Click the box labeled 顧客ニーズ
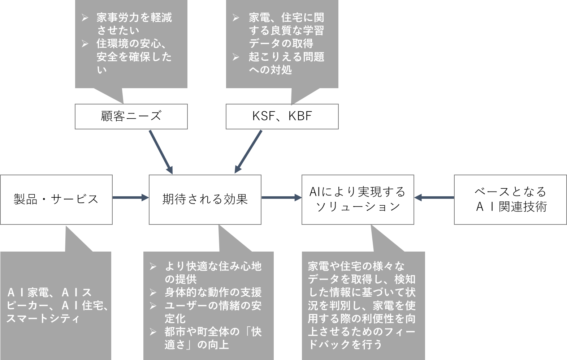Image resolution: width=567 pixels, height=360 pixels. (131, 116)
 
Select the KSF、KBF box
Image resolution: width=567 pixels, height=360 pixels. (282, 116)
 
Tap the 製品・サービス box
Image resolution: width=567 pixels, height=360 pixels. (56, 200)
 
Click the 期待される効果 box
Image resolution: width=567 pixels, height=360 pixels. (205, 200)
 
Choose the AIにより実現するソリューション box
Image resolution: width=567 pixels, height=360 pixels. (358, 200)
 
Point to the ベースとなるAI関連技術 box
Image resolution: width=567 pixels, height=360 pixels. (510, 200)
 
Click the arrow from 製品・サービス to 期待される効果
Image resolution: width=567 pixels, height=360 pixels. (131, 197)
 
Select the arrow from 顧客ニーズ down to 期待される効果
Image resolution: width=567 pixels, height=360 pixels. (161, 152)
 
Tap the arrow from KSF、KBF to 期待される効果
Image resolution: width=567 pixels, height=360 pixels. (248, 152)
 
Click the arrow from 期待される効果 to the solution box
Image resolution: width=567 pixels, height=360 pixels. (281, 197)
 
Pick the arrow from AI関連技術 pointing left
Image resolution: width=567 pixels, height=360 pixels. (434, 197)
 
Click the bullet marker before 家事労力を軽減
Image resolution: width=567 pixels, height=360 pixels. (85, 18)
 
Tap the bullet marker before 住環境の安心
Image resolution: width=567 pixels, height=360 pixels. (85, 44)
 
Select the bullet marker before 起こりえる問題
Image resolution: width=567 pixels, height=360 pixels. (236, 57)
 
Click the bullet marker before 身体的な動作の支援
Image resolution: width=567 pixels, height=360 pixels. (153, 293)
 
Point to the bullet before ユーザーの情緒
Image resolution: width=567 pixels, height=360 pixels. (153, 306)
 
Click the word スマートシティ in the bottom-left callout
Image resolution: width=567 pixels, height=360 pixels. (43, 319)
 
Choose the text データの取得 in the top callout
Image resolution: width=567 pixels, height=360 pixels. (281, 44)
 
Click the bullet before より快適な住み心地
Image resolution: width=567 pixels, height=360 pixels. (153, 266)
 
